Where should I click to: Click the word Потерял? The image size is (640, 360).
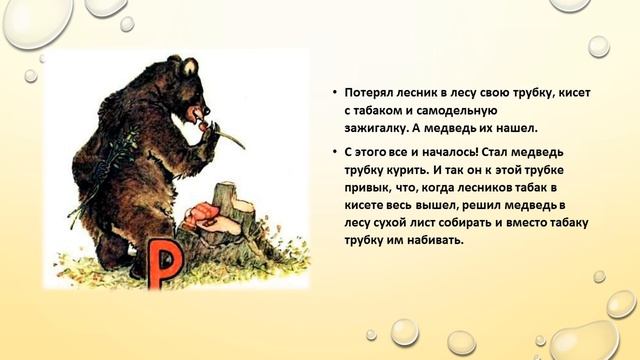click(x=370, y=92)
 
